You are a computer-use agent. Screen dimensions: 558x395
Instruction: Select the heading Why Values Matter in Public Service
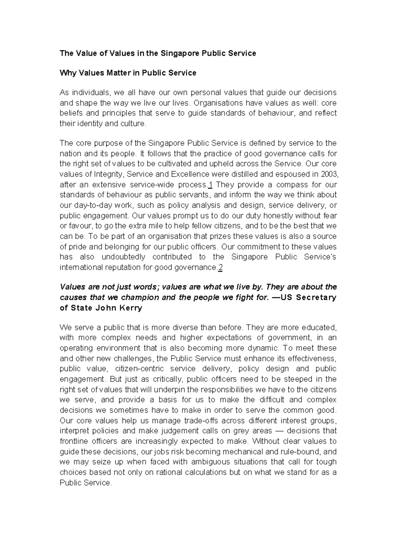(x=128, y=73)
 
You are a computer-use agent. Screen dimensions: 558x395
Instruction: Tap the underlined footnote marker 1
(x=210, y=184)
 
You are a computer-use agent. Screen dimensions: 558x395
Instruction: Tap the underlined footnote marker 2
(x=220, y=268)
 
